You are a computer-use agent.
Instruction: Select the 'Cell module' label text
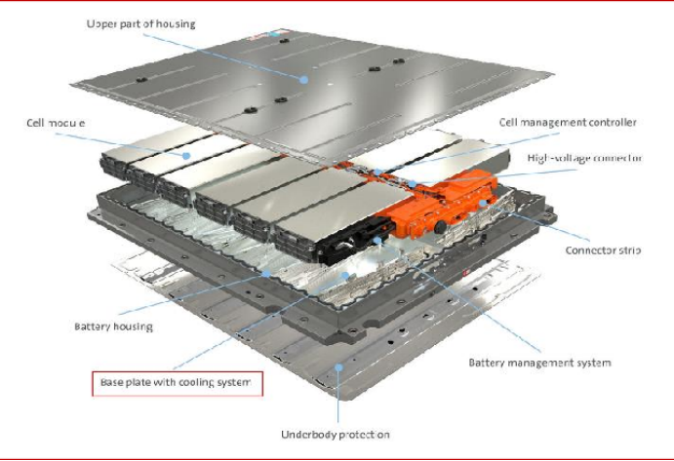click(x=58, y=124)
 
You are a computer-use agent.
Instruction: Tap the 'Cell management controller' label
click(x=568, y=123)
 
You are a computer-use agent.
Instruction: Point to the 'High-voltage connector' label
click(x=584, y=157)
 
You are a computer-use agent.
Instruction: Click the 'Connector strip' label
click(x=603, y=250)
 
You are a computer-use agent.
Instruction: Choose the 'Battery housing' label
click(x=113, y=327)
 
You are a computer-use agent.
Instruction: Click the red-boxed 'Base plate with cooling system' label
click(x=176, y=383)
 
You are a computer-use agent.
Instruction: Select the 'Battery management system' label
click(x=539, y=363)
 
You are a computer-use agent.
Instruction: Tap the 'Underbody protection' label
click(x=335, y=434)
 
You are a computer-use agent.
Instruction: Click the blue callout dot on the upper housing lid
click(x=303, y=79)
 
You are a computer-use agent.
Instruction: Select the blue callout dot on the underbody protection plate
click(x=337, y=367)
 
